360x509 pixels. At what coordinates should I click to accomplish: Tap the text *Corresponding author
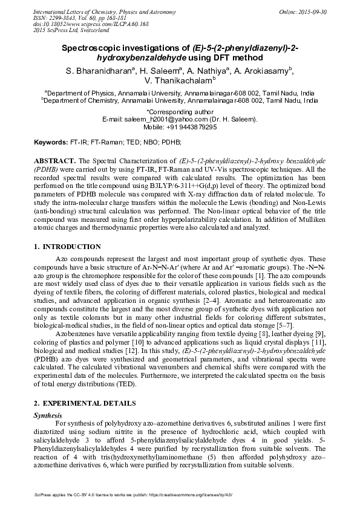180,112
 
